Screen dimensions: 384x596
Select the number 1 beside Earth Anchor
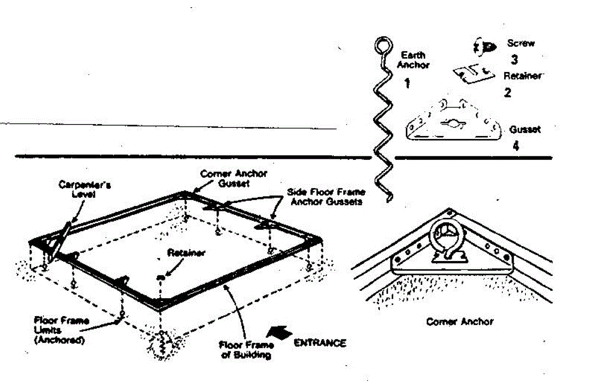407,83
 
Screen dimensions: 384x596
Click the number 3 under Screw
515,60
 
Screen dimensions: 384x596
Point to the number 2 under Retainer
508,92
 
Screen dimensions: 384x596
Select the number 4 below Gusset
516,147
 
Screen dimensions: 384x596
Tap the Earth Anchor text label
414,60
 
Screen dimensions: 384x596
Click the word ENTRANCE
320,343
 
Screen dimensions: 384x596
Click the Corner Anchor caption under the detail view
460,321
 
